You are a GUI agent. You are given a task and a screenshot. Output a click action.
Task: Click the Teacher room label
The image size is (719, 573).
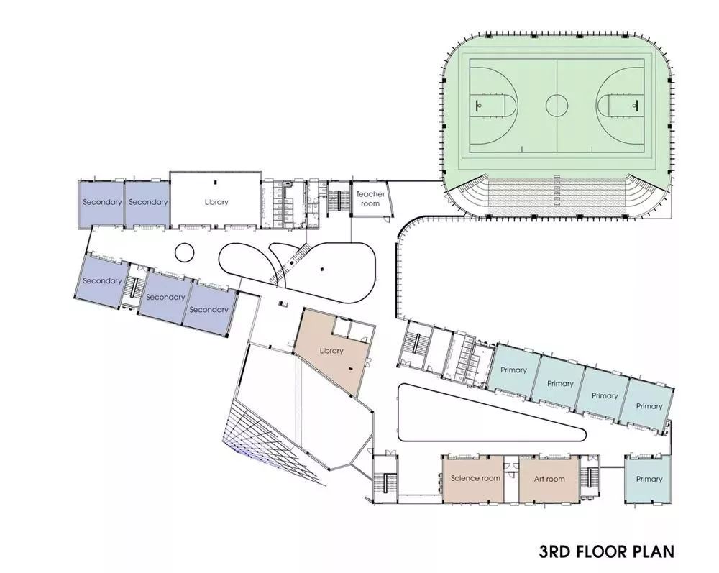click(x=370, y=198)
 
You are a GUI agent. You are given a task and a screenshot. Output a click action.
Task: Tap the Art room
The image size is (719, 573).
click(x=549, y=479)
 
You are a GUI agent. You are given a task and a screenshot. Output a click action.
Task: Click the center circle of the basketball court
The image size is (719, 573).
click(x=557, y=106)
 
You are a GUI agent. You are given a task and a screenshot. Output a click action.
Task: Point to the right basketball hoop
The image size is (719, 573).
click(x=635, y=105)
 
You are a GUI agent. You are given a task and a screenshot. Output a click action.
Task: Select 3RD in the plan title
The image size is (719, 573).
click(x=554, y=551)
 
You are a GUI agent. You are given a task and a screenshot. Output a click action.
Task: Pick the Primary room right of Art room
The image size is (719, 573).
click(x=649, y=479)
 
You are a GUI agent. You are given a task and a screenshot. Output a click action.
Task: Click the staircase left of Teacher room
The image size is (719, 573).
click(x=339, y=198)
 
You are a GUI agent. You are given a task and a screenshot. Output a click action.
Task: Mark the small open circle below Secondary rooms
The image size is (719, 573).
click(x=184, y=252)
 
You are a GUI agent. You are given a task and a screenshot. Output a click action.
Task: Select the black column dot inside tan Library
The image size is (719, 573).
click(x=352, y=367)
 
